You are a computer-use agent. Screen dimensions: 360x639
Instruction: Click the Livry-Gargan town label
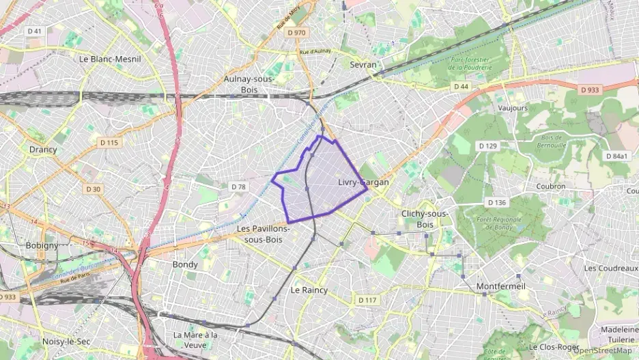click(363, 182)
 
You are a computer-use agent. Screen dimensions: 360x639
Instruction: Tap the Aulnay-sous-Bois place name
click(249, 83)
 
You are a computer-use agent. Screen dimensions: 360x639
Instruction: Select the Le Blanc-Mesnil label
click(110, 59)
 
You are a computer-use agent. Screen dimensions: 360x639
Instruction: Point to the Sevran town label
click(363, 64)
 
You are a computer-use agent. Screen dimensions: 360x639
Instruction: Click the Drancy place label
click(43, 149)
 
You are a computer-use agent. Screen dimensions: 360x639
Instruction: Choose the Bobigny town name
click(42, 245)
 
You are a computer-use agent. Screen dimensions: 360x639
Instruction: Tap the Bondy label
click(185, 264)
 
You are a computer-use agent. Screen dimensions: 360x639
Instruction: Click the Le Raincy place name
click(309, 290)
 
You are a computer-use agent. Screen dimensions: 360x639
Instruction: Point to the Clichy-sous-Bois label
click(425, 219)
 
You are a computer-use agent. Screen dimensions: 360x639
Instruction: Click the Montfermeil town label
click(501, 286)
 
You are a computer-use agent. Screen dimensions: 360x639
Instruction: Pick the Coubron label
click(551, 186)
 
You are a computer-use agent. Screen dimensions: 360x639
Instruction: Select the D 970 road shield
click(297, 32)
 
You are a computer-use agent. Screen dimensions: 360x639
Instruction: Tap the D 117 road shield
click(367, 300)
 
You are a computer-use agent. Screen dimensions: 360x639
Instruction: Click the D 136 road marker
click(497, 203)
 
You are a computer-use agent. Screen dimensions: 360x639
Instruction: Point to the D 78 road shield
click(238, 186)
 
